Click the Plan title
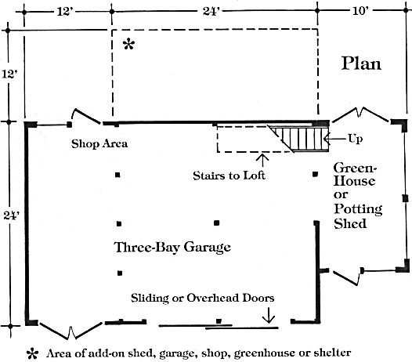(x=361, y=64)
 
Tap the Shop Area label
(x=99, y=144)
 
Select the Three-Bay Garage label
(x=172, y=247)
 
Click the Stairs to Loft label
(x=229, y=176)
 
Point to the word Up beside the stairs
(x=356, y=139)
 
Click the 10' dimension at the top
(x=361, y=11)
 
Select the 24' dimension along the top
(x=211, y=11)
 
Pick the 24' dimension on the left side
(x=12, y=215)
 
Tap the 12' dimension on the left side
(x=9, y=74)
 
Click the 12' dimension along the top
(x=65, y=11)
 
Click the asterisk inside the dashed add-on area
(x=128, y=44)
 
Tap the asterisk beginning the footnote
(x=33, y=354)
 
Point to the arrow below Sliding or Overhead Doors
(x=269, y=315)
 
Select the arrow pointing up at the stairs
(x=262, y=161)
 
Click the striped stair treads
(x=302, y=138)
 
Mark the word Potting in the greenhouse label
(x=358, y=209)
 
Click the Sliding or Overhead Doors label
(x=203, y=298)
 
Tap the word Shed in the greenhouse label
(x=350, y=223)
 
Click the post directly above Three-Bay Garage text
(x=216, y=223)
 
